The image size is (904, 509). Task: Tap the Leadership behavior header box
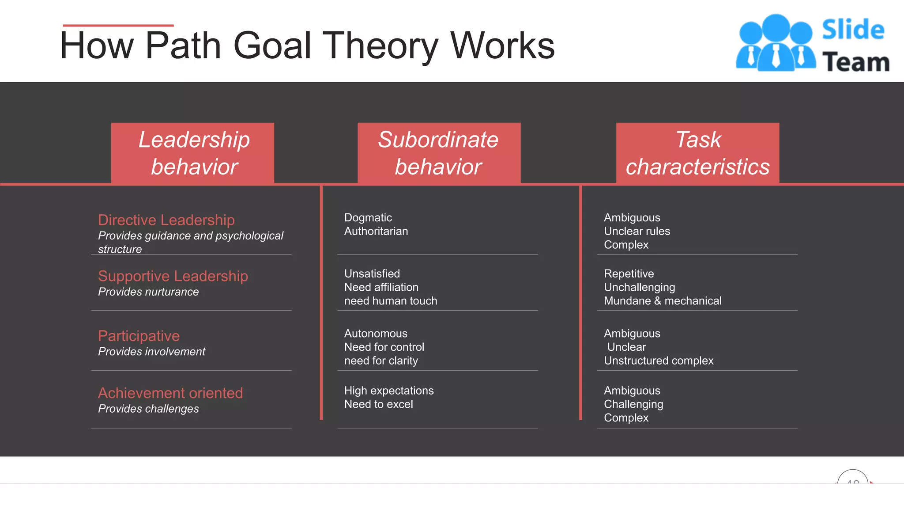pyautogui.click(x=193, y=153)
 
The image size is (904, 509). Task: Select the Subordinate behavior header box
pyautogui.click(x=439, y=153)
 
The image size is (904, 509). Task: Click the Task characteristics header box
pyautogui.click(x=697, y=153)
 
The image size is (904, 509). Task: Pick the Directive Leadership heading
pyautogui.click(x=166, y=220)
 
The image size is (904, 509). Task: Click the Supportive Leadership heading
pyautogui.click(x=173, y=276)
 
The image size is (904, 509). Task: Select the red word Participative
pyautogui.click(x=139, y=336)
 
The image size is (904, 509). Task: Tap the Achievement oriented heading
pyautogui.click(x=170, y=393)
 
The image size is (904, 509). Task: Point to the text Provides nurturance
pyautogui.click(x=148, y=292)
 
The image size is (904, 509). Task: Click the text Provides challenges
pyautogui.click(x=148, y=409)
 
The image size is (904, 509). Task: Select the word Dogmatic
pyautogui.click(x=368, y=218)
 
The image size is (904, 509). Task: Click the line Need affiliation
pyautogui.click(x=381, y=287)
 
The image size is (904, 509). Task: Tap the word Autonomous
pyautogui.click(x=376, y=334)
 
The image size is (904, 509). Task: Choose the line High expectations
pyautogui.click(x=388, y=391)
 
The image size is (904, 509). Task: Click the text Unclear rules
pyautogui.click(x=637, y=231)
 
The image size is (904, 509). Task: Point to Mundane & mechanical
pyautogui.click(x=662, y=301)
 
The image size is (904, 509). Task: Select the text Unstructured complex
pyautogui.click(x=658, y=361)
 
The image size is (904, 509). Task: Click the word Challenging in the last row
pyautogui.click(x=633, y=404)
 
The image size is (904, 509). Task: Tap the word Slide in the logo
pyautogui.click(x=853, y=30)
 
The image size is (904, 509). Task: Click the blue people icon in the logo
pyautogui.click(x=776, y=43)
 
